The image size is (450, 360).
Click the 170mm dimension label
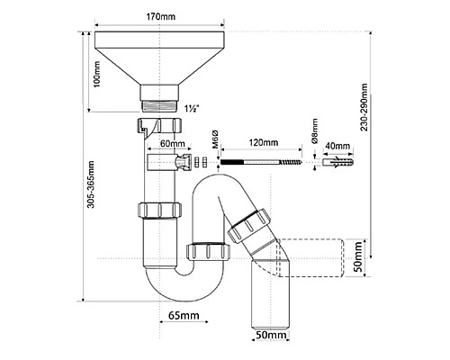pos(160,16)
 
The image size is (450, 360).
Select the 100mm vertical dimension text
pos(97,74)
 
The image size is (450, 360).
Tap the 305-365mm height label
pos(91,184)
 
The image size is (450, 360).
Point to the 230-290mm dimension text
pos(364,107)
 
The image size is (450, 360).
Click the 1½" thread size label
pos(191,108)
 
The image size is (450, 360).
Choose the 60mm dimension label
pos(172,144)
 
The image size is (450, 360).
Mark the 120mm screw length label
pos(264,142)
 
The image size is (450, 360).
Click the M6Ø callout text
pos(215,139)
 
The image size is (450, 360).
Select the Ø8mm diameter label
pos(314,131)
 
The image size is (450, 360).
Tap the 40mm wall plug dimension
pos(337,146)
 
